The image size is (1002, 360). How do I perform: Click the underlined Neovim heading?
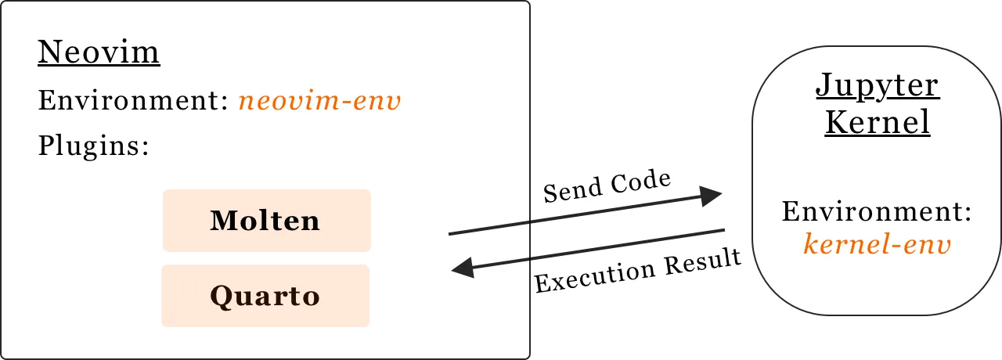click(99, 53)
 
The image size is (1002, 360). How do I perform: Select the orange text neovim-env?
click(319, 101)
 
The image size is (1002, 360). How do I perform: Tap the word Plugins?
click(93, 146)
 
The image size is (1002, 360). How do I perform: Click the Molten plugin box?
click(266, 221)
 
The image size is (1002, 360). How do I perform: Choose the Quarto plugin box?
click(265, 296)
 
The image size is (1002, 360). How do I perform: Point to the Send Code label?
click(607, 187)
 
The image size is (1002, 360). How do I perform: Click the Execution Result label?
click(637, 271)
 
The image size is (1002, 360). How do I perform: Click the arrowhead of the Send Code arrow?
click(711, 196)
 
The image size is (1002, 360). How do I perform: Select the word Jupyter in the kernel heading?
click(877, 85)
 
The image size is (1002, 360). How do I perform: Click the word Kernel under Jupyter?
click(877, 122)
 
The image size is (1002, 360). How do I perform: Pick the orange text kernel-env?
click(877, 245)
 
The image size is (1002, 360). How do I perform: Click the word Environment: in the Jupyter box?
click(877, 213)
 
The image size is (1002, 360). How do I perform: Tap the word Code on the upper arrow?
click(642, 182)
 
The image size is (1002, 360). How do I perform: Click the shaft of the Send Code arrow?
click(579, 215)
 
